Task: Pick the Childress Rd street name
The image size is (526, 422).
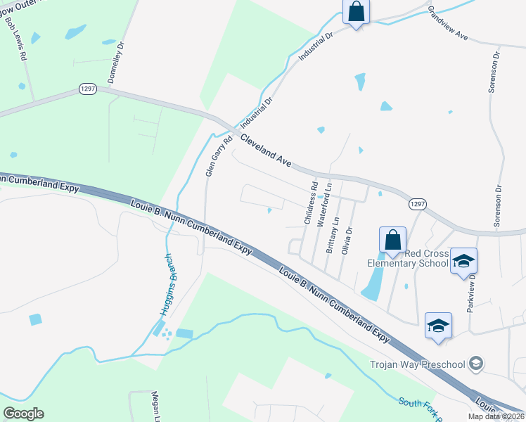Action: (309, 203)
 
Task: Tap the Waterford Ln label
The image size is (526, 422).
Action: (324, 204)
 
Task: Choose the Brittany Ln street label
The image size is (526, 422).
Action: (333, 235)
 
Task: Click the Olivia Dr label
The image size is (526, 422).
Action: (346, 240)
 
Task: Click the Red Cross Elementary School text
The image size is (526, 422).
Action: (408, 258)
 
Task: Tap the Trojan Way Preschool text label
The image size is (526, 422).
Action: (418, 364)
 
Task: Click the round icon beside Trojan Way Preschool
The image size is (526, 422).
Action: (476, 363)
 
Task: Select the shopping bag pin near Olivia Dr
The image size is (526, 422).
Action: (392, 241)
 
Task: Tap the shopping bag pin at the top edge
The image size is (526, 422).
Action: (356, 12)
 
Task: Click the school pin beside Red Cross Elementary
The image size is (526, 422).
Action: (463, 261)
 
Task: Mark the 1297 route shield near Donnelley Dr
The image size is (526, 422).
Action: (88, 91)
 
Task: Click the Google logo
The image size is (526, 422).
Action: (24, 414)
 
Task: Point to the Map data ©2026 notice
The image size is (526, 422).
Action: (496, 416)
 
